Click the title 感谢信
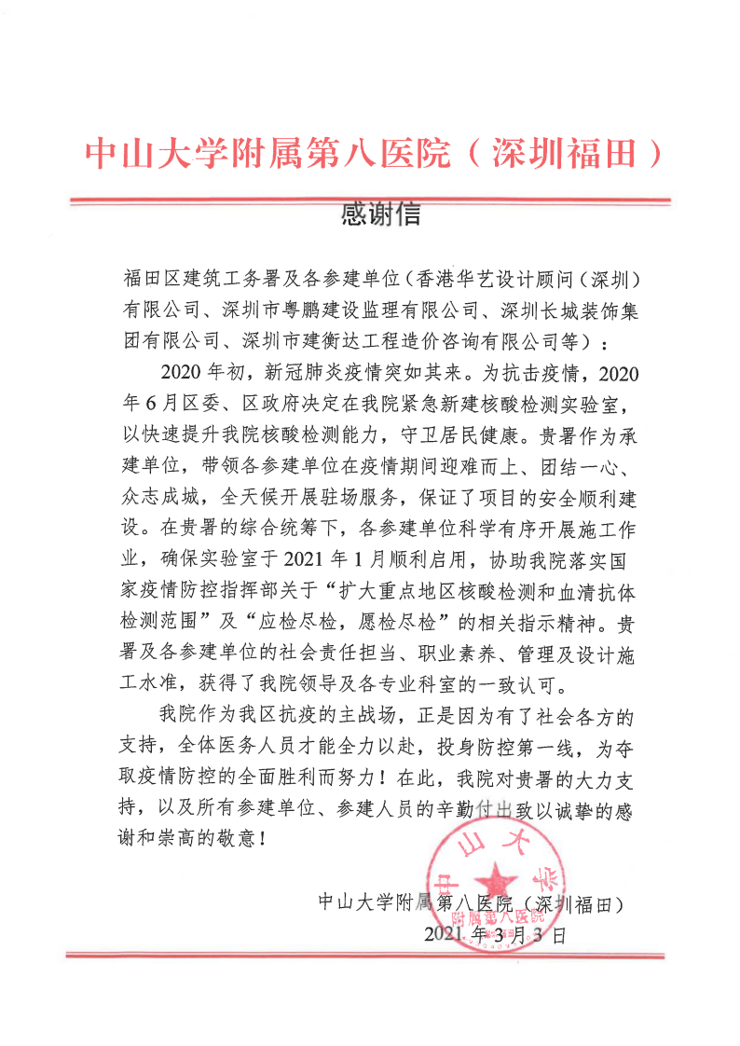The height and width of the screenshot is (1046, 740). click(x=381, y=215)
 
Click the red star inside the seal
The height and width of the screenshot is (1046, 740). click(x=500, y=879)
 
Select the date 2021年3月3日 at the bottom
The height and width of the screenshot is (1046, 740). click(x=494, y=934)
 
